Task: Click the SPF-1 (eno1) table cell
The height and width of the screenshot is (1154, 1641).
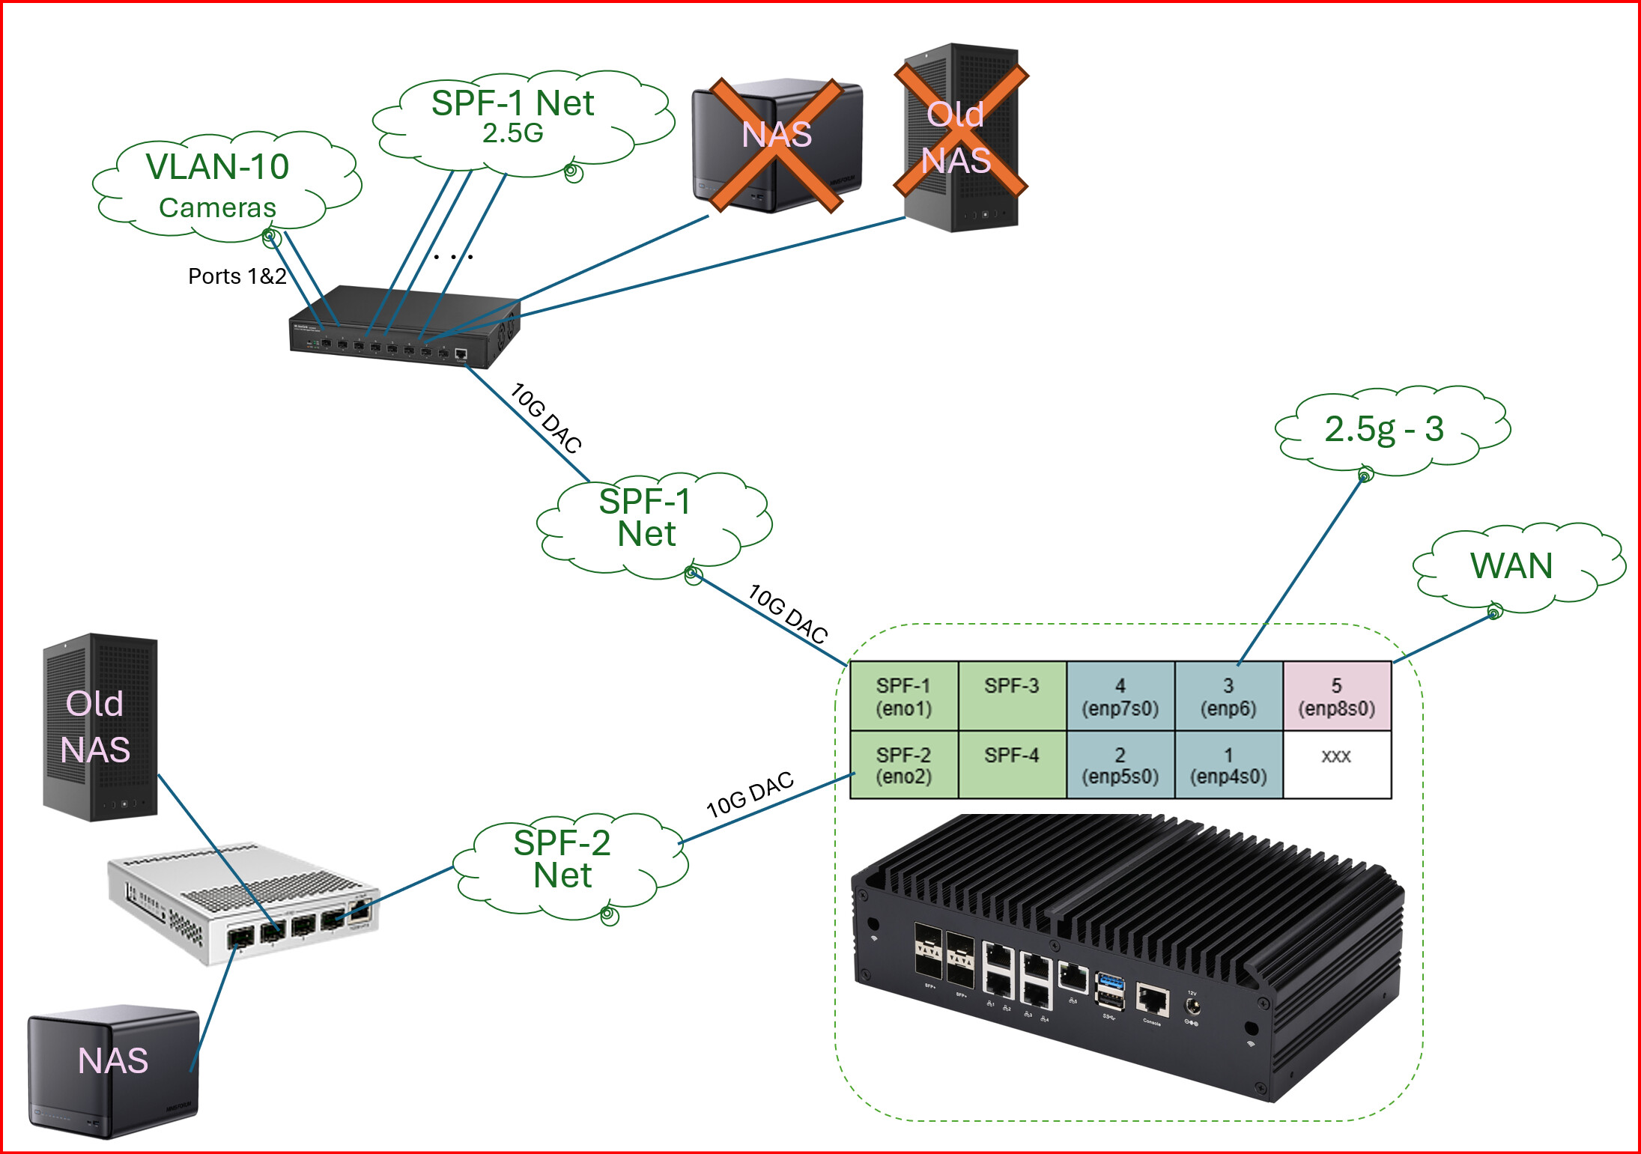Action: pyautogui.click(x=904, y=696)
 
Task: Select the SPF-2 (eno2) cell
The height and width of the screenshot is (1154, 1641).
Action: pyautogui.click(x=904, y=765)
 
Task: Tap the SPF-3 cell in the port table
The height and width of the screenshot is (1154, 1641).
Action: pyautogui.click(x=1012, y=696)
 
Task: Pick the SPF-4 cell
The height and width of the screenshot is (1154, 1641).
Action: pyautogui.click(x=1012, y=765)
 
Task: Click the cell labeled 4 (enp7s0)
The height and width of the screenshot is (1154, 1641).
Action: pyautogui.click(x=1120, y=696)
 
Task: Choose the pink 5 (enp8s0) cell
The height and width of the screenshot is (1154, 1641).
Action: pyautogui.click(x=1336, y=696)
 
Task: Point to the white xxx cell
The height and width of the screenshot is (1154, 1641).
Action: pyautogui.click(x=1336, y=765)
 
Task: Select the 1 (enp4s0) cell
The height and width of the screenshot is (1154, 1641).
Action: pyautogui.click(x=1228, y=765)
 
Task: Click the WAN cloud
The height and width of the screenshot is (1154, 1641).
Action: pyautogui.click(x=1513, y=567)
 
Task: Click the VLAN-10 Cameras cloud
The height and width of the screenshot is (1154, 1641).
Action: pyautogui.click(x=219, y=186)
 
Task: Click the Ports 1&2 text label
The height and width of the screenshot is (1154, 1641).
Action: pyautogui.click(x=237, y=276)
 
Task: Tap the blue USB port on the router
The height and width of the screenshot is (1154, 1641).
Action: pyautogui.click(x=1109, y=982)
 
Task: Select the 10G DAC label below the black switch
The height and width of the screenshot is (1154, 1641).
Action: pyautogui.click(x=546, y=418)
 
